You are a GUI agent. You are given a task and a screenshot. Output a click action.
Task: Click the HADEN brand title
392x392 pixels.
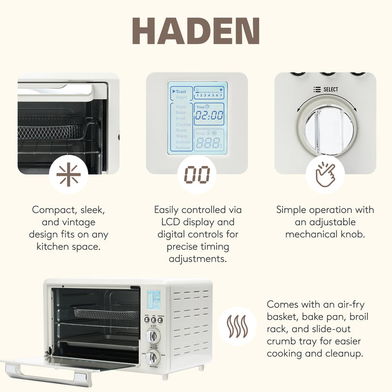click(195, 31)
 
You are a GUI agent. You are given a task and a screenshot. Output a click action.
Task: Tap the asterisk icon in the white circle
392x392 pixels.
click(69, 175)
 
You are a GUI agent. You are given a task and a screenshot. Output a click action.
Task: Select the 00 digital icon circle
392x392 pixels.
click(197, 175)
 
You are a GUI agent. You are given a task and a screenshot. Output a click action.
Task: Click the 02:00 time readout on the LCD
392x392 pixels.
click(209, 115)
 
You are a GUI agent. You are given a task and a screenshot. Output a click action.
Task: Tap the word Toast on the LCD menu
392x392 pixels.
click(181, 91)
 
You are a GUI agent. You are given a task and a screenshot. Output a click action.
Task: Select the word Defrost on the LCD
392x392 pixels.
click(183, 142)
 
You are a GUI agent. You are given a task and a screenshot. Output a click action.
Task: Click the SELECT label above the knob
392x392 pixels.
click(330, 89)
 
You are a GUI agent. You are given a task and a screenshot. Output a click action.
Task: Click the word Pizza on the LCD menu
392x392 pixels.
click(181, 107)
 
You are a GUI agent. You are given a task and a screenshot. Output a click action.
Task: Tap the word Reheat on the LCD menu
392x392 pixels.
click(183, 148)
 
